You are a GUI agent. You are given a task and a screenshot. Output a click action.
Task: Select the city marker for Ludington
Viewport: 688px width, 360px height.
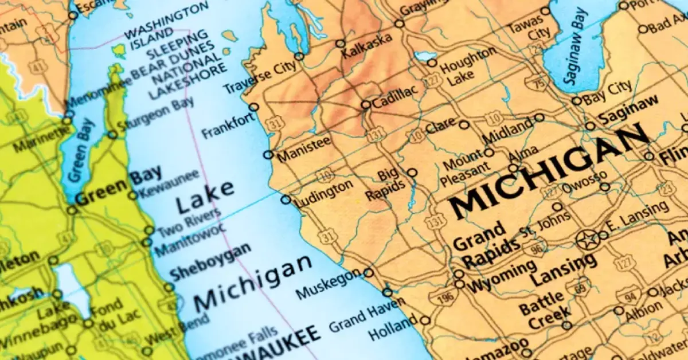pyautogui.click(x=286, y=199)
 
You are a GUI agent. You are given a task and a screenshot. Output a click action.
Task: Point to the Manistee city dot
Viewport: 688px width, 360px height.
pyautogui.click(x=268, y=154)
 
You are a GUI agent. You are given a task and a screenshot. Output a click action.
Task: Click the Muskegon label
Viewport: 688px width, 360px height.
pyautogui.click(x=329, y=285)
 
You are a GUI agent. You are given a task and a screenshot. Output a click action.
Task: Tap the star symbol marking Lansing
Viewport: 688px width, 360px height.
pyautogui.click(x=588, y=240)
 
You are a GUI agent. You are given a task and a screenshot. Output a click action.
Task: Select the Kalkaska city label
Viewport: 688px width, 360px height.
pyautogui.click(x=368, y=45)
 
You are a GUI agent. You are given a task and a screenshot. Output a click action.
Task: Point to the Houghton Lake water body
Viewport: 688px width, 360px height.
pyautogui.click(x=425, y=56)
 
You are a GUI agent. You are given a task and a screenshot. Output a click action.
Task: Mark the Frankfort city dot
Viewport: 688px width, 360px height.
pyautogui.click(x=253, y=107)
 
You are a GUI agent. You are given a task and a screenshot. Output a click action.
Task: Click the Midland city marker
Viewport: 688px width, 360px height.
pyautogui.click(x=540, y=118)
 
